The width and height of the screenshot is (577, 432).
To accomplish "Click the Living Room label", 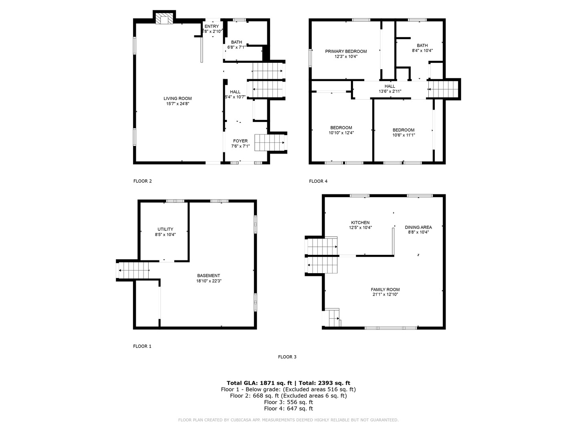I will pyautogui.click(x=178, y=98).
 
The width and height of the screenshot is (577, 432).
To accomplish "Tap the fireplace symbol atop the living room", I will pyautogui.click(x=163, y=19).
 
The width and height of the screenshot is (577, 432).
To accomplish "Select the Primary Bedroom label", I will pyautogui.click(x=346, y=51).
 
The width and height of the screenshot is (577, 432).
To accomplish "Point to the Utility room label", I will pyautogui.click(x=165, y=229).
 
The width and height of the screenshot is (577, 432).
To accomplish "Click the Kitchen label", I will pyautogui.click(x=360, y=223).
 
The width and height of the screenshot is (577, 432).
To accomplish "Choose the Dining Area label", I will pyautogui.click(x=418, y=227).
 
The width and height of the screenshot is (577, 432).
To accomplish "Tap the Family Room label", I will pyautogui.click(x=385, y=290).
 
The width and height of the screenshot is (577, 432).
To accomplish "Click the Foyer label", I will pyautogui.click(x=240, y=141).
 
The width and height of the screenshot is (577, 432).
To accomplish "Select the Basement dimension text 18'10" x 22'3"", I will pyautogui.click(x=208, y=281).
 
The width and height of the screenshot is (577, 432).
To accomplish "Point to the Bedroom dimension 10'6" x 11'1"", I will pyautogui.click(x=403, y=135).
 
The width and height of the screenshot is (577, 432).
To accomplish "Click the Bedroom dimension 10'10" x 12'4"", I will pyautogui.click(x=341, y=133).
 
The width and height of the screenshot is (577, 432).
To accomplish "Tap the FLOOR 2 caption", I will pyautogui.click(x=142, y=181).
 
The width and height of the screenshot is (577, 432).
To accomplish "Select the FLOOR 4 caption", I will pyautogui.click(x=318, y=181).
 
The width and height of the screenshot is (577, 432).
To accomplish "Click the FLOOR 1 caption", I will pyautogui.click(x=142, y=346).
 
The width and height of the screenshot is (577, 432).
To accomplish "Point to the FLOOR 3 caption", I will pyautogui.click(x=287, y=357).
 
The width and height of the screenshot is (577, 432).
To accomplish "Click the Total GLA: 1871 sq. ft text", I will pyautogui.click(x=259, y=383).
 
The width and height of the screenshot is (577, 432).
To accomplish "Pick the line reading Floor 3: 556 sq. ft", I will pyautogui.click(x=288, y=402).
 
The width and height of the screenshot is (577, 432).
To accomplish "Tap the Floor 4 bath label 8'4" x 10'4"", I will pyautogui.click(x=422, y=51).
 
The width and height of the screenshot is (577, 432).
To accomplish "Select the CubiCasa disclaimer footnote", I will pyautogui.click(x=288, y=420).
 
